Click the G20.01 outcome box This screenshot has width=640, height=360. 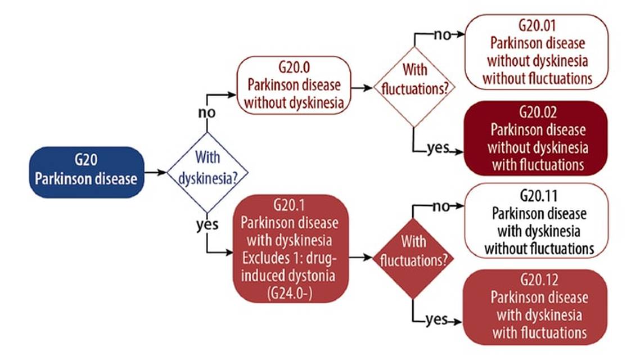pos(537,52)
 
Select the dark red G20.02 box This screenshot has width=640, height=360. pos(537,138)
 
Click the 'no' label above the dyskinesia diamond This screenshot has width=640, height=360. pos(207,112)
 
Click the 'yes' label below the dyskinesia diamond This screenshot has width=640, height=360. pos(207,226)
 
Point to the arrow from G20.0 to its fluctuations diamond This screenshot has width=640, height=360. pos(362,87)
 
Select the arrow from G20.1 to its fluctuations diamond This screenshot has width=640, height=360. pos(360,257)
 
